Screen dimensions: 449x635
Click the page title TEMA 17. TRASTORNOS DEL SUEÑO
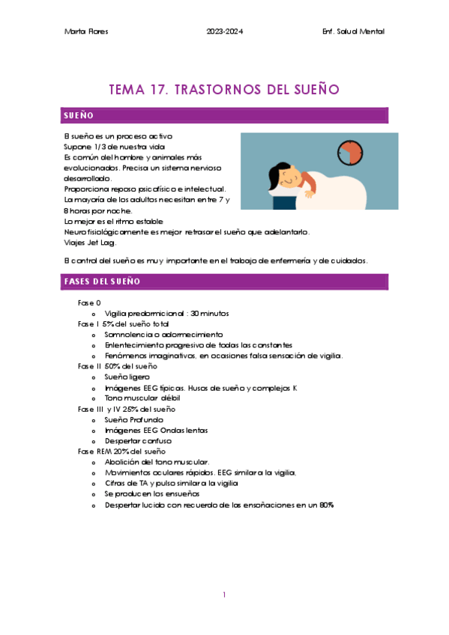click(x=224, y=90)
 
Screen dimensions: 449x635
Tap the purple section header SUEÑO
click(x=79, y=116)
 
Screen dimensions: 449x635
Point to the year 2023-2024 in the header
click(x=224, y=31)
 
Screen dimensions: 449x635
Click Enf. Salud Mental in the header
click(x=352, y=31)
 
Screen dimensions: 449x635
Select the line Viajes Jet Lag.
click(x=90, y=243)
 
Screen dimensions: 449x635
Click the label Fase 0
click(x=89, y=303)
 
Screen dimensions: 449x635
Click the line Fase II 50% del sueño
click(x=118, y=366)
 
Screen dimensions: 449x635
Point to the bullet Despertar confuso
click(x=139, y=441)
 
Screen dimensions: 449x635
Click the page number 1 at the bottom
click(x=224, y=595)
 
